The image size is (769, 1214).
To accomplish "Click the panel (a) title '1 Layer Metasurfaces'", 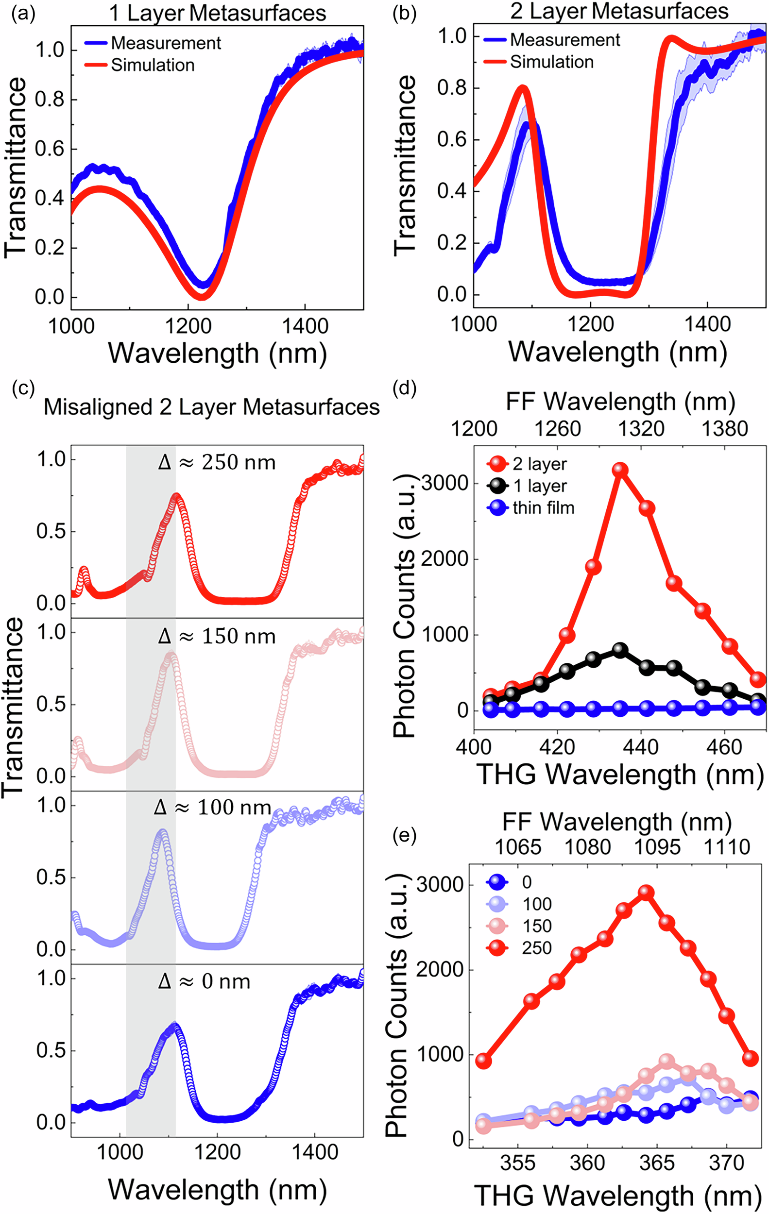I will pyautogui.click(x=218, y=13).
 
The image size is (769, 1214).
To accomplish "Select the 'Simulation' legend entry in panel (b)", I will pyautogui.click(x=551, y=62).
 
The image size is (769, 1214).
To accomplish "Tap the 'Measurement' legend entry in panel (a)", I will pyautogui.click(x=165, y=43).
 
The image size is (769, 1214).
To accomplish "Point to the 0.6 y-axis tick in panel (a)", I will pyautogui.click(x=50, y=149).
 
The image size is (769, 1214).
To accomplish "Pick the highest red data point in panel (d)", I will pyautogui.click(x=620, y=470).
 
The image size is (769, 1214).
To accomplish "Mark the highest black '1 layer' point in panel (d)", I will pyautogui.click(x=620, y=650).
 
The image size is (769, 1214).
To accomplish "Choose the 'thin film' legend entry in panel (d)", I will pyautogui.click(x=543, y=507).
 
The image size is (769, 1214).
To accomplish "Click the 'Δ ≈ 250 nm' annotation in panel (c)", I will pyautogui.click(x=217, y=462).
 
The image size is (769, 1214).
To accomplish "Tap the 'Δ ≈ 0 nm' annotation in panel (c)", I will pyautogui.click(x=204, y=981).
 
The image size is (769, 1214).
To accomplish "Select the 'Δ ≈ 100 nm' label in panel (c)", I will pyautogui.click(x=212, y=808).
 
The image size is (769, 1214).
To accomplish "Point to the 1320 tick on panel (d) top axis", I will pyautogui.click(x=641, y=429).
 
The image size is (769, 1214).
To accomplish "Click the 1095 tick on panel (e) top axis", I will pyautogui.click(x=657, y=847).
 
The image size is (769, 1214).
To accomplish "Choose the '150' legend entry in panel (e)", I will pyautogui.click(x=536, y=926).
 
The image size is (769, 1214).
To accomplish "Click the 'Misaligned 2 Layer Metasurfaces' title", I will pyautogui.click(x=211, y=407).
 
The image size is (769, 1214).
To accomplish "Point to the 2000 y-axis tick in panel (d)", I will pyautogui.click(x=444, y=558).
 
